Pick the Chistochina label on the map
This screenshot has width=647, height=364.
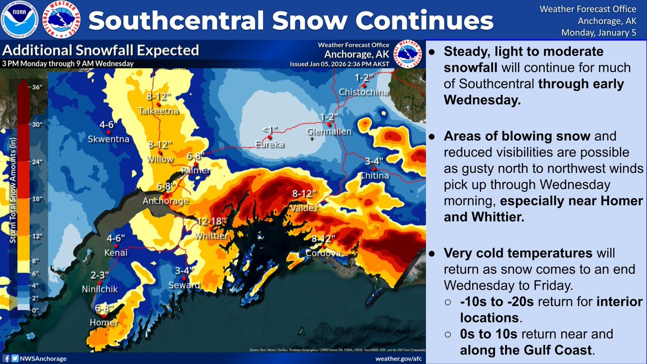coord(363,92)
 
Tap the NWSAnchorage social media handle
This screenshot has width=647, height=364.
coord(45,357)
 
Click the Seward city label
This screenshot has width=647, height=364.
coord(188,285)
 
